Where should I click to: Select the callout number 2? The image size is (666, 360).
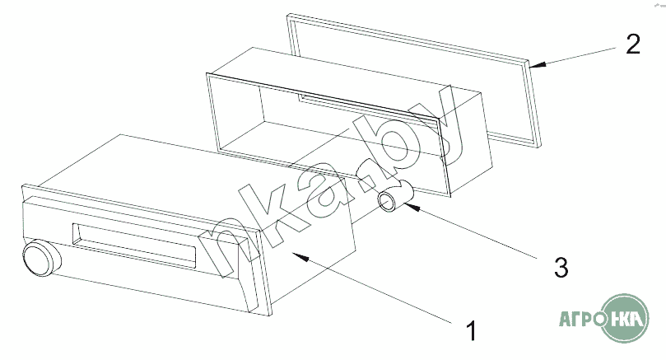coord(633,44)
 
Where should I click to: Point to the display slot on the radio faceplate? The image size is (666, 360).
coord(134,245)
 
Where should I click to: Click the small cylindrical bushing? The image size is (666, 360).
coord(395,196)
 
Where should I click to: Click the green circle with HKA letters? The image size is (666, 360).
coord(625,318)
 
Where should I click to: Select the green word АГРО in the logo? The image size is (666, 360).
coord(581,319)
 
